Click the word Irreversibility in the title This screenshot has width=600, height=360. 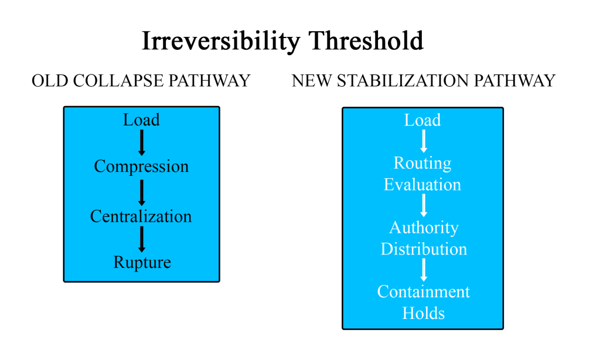[221, 41]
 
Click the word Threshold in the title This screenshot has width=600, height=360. [366, 40]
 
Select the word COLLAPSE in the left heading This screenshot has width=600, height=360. [118, 81]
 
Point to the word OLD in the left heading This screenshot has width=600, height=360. [50, 81]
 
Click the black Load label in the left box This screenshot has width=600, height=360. [141, 120]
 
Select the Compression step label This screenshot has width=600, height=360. [141, 167]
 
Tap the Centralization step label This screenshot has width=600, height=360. [141, 216]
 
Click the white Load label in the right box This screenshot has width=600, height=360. [422, 120]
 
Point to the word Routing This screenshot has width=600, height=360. [422, 164]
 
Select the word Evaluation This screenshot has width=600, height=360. [422, 185]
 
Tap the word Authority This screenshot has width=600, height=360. [424, 228]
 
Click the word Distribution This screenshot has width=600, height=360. [424, 249]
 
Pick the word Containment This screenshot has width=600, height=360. [423, 292]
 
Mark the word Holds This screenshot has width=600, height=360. [423, 313]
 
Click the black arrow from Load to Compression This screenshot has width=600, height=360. [142, 142]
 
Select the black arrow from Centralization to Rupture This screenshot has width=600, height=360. [142, 239]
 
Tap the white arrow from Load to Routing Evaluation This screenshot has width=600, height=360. [424, 141]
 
